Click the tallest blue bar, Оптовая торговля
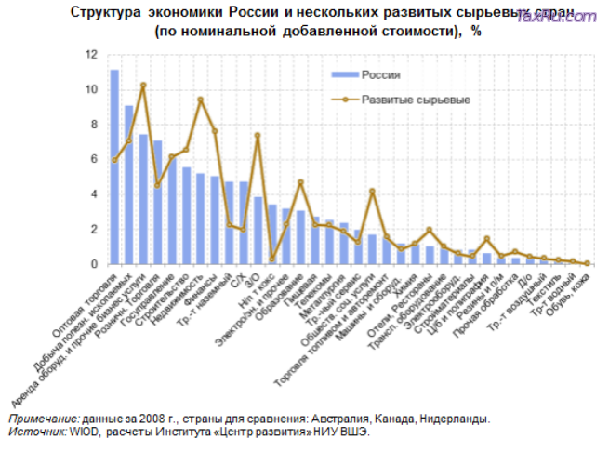click(114, 167)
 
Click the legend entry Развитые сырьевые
click(415, 98)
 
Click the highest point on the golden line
click(143, 86)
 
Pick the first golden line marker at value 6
click(114, 160)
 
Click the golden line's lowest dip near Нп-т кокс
click(272, 259)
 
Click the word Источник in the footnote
click(37, 432)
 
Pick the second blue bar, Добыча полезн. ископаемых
click(129, 185)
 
